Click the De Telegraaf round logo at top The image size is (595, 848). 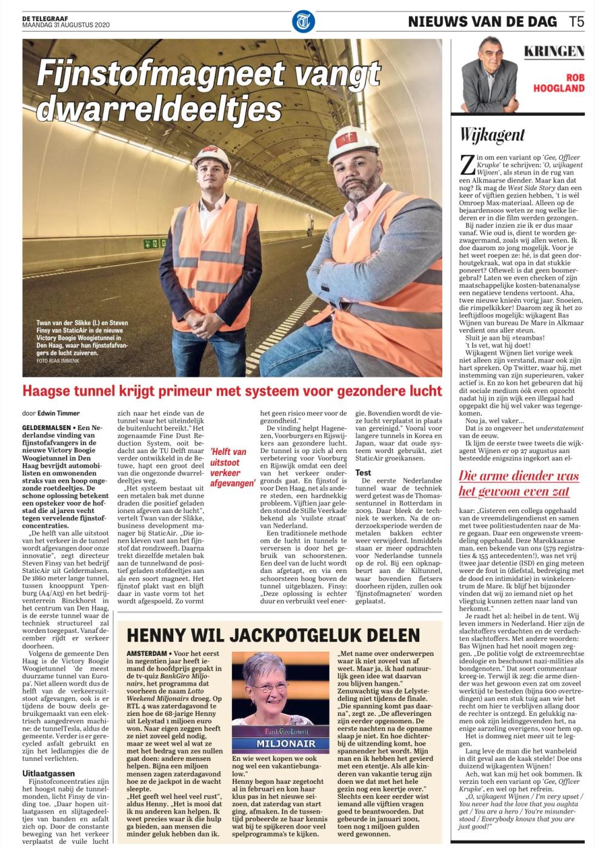[303, 21]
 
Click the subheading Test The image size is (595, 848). [364, 472]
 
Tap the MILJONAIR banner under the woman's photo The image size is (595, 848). [277, 743]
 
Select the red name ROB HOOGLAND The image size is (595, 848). [558, 83]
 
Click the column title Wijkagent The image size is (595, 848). [491, 134]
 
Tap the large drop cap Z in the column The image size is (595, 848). [467, 164]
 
